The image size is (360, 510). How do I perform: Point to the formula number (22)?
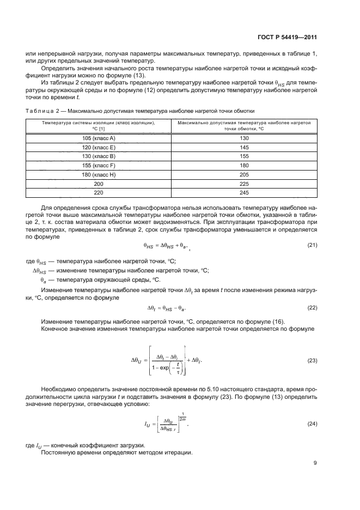(312, 308)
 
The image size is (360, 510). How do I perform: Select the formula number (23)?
(312, 361)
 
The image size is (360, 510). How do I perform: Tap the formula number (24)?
(312, 423)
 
